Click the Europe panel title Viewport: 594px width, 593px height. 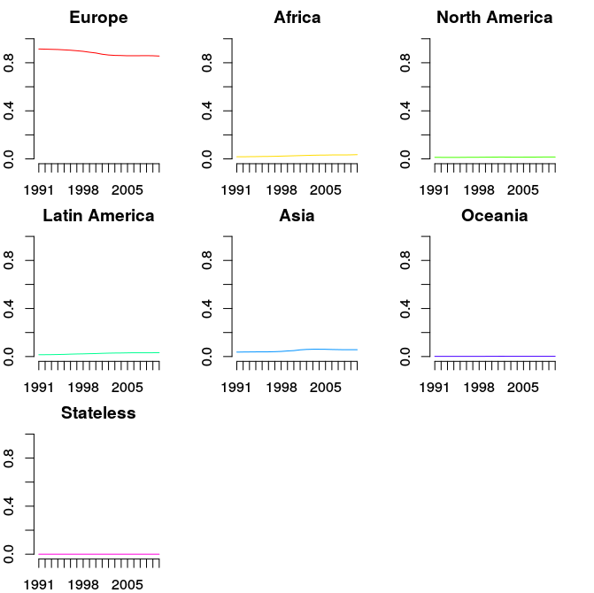coord(98,18)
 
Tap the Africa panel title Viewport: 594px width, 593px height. coord(297,18)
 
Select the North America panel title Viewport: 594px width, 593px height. coord(494,18)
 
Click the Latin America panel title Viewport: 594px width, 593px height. coord(98,216)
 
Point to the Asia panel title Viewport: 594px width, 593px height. coord(297,216)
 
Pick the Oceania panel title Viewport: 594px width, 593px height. coord(494,216)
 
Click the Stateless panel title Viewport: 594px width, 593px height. coord(98,413)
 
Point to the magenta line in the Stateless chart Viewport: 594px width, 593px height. coord(97,554)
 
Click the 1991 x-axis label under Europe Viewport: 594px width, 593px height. coord(39,190)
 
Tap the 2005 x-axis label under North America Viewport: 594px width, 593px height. coord(523,190)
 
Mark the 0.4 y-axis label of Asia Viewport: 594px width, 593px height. coord(209,308)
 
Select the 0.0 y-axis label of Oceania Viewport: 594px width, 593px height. coord(406,356)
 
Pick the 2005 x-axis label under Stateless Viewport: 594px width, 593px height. coord(127,585)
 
